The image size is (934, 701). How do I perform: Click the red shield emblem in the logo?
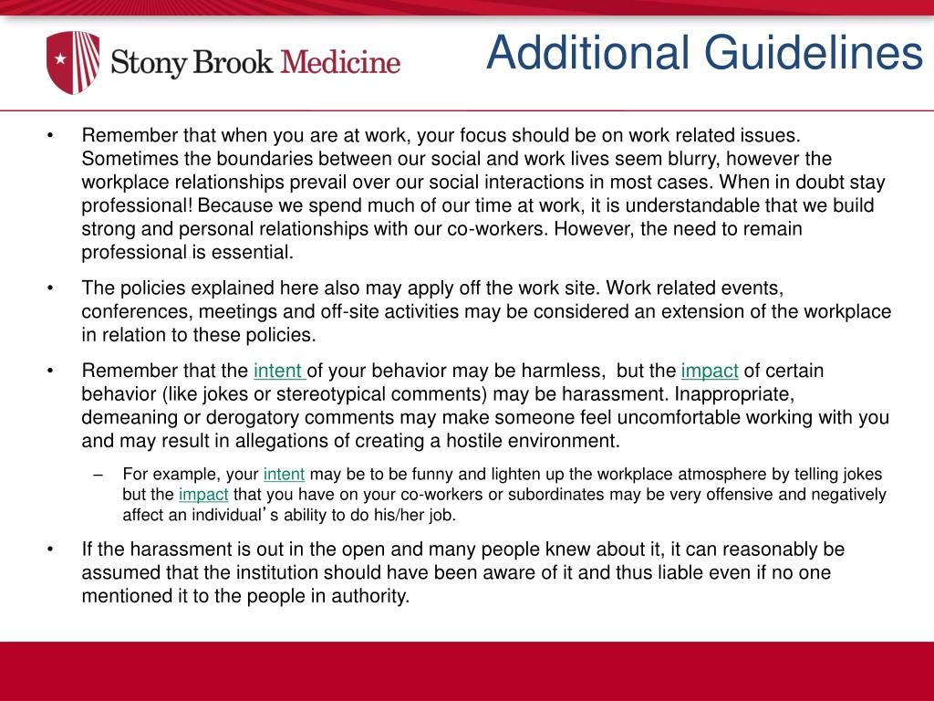point(73,63)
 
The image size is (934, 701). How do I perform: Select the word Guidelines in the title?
point(812,53)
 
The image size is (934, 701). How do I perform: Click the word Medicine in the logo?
point(340,63)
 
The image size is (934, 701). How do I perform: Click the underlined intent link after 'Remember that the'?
point(279,371)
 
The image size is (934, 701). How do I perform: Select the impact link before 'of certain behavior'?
point(710,371)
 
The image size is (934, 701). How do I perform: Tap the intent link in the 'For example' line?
point(284,475)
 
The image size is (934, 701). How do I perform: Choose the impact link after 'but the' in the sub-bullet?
point(203,495)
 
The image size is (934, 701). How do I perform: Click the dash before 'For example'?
point(98,475)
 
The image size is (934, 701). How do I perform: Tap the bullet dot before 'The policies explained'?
point(50,288)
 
